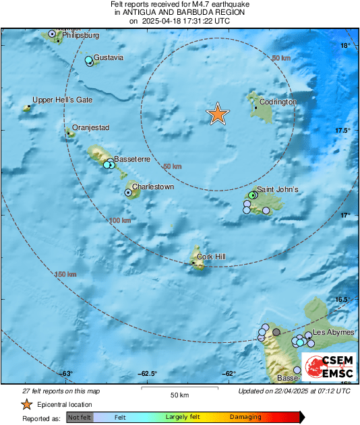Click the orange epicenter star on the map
tap(217, 114)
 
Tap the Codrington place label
tap(278, 102)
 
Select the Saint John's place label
tap(278, 190)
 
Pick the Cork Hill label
tap(212, 257)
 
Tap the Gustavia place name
tap(109, 57)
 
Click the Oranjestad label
tap(92, 127)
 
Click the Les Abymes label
tap(332, 333)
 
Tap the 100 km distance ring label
tap(119, 220)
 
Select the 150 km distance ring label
tap(65, 274)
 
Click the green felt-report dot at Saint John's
tap(252, 195)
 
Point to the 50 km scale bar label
tap(179, 395)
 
